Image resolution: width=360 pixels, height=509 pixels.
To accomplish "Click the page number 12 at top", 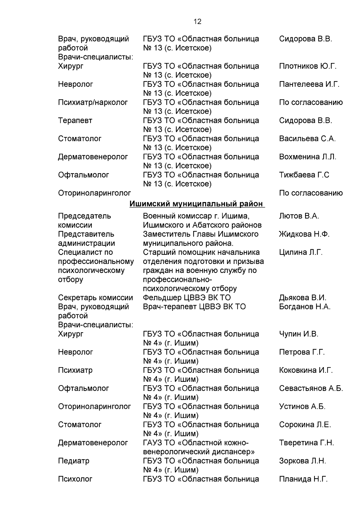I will (197, 22).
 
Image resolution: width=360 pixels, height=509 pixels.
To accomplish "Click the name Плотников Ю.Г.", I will (307, 66).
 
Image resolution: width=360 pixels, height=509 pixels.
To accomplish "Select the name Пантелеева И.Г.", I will (309, 84).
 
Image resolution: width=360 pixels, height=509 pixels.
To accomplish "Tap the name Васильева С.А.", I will (307, 139).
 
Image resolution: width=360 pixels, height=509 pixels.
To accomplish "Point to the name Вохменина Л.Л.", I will (307, 157).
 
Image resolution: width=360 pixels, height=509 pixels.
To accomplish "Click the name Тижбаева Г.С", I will (304, 175).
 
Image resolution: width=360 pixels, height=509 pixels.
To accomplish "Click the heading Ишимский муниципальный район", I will (197, 204).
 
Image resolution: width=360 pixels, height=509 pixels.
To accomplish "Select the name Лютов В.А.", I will (299, 216).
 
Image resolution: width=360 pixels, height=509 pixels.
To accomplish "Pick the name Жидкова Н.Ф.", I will (304, 234).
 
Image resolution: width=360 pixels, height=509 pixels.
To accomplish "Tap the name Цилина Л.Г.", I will (301, 252).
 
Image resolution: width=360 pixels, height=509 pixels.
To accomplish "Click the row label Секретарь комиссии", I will (95, 298).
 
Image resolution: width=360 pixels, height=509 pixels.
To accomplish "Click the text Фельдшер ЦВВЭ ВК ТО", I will (187, 298).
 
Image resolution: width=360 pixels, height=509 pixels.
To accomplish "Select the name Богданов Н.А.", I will (304, 307).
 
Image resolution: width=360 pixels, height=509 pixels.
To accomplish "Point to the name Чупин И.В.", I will (298, 334).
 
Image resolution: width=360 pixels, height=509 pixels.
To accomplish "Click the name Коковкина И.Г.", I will (306, 370).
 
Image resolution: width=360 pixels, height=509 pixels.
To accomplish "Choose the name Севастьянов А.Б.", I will (311, 388).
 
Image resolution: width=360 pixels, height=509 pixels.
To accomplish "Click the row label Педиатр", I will (73, 461).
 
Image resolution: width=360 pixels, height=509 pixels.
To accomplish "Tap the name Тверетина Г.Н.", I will (306, 443).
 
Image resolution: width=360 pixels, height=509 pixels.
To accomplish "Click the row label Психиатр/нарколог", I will (93, 102).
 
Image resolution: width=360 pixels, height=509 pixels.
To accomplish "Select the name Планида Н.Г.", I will (303, 479).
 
